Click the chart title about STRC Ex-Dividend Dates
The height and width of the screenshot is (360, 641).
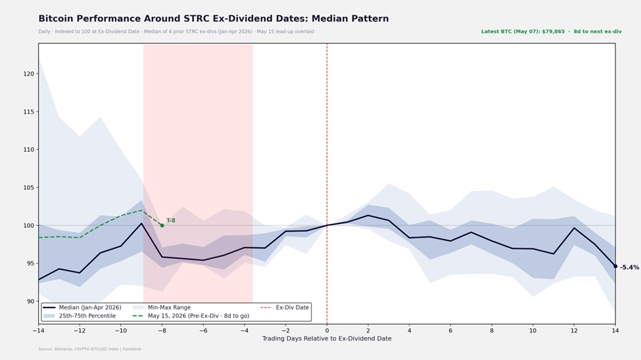(214, 19)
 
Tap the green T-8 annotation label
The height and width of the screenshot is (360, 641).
(171, 221)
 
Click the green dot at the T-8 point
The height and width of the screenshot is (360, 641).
(162, 225)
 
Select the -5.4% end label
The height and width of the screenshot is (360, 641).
(630, 267)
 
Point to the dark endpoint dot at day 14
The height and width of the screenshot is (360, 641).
(615, 267)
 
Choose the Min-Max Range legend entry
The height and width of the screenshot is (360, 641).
(162, 307)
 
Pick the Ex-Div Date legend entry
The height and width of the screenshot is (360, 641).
(285, 307)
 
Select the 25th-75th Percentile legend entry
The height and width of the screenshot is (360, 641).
(80, 316)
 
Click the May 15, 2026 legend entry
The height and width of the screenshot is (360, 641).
(191, 316)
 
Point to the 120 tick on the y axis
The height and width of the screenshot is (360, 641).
(29, 74)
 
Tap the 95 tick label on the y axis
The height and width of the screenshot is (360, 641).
(30, 263)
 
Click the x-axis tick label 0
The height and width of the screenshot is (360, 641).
(327, 330)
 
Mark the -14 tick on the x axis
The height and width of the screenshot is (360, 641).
(38, 330)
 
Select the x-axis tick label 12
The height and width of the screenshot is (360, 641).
(574, 330)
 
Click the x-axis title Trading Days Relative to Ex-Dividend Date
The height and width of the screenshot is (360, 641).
(327, 339)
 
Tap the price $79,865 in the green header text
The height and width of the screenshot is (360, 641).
(553, 32)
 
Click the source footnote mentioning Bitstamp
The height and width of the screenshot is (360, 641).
(89, 349)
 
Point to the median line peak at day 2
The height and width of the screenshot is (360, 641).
(368, 215)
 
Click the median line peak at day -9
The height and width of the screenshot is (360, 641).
(141, 223)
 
